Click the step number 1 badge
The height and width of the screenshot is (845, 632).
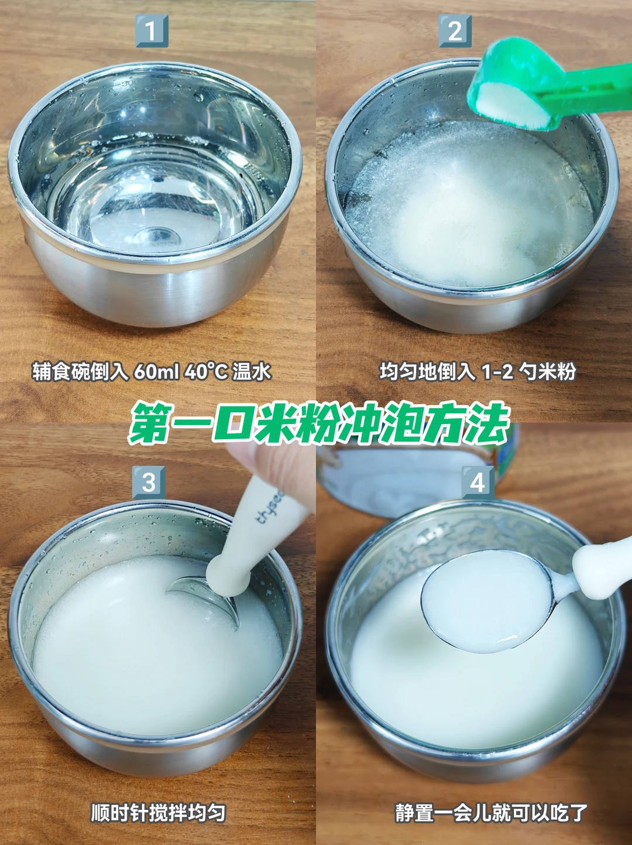tap(152, 30)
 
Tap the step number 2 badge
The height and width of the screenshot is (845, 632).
tap(455, 30)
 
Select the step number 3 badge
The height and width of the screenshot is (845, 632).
tap(149, 482)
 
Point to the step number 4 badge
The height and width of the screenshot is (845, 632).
tap(478, 482)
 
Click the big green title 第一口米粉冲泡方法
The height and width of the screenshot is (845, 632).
tap(319, 423)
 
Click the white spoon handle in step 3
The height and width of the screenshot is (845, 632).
tap(254, 535)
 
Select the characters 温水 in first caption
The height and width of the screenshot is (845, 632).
tap(252, 372)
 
